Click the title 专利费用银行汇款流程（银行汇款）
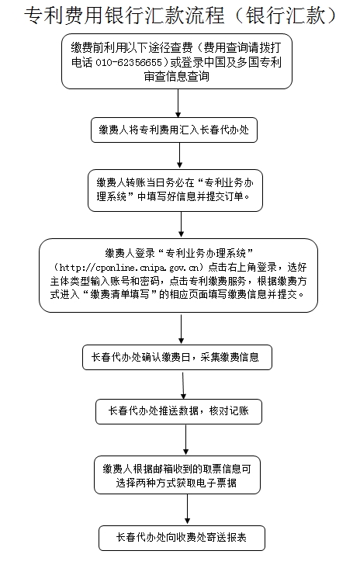(x=180, y=16)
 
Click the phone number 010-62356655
(x=129, y=62)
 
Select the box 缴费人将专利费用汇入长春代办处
(x=174, y=130)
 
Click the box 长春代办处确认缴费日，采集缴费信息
(x=177, y=358)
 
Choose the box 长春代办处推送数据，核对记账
(x=178, y=411)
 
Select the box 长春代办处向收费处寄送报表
(x=182, y=538)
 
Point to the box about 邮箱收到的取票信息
(x=177, y=475)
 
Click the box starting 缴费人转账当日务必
(x=175, y=191)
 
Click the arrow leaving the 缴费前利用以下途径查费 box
(x=178, y=103)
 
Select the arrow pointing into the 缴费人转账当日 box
(x=180, y=156)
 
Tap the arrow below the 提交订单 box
(x=181, y=225)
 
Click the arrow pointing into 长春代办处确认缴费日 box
(x=181, y=329)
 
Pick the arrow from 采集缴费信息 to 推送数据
(x=183, y=385)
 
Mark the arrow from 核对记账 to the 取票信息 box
(x=186, y=440)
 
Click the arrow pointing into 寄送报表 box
(x=188, y=510)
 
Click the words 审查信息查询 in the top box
(x=177, y=77)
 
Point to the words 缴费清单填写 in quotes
(x=122, y=295)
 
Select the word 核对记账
(x=229, y=411)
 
